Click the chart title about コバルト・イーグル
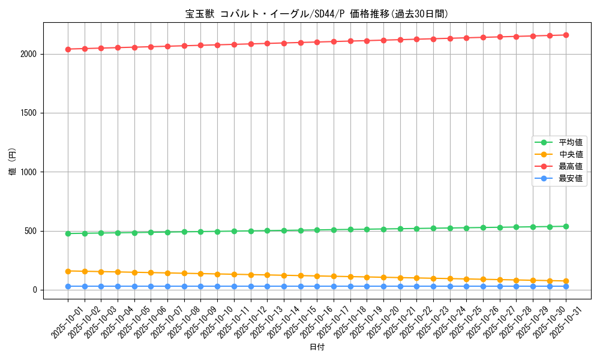point(316,14)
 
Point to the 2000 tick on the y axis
point(29,54)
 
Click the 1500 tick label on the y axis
point(29,113)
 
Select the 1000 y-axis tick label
point(29,172)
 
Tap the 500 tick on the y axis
point(32,231)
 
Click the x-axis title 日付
point(316,347)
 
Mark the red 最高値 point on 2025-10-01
point(68,49)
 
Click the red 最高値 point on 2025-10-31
point(566,35)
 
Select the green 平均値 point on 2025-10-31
point(566,226)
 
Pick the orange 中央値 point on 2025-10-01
point(68,271)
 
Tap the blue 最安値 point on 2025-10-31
point(566,286)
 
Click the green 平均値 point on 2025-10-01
point(68,233)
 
